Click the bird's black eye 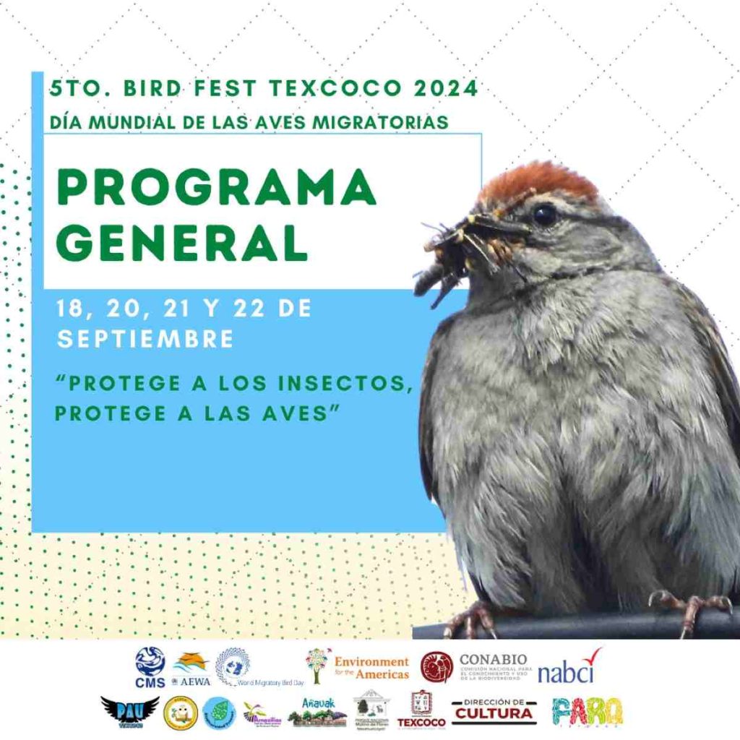[544, 215]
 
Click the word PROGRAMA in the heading [216, 190]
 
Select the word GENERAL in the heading [182, 244]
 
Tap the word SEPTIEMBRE [145, 339]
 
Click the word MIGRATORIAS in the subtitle [383, 122]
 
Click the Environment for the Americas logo [357, 666]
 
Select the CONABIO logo [474, 666]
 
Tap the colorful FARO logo [588, 712]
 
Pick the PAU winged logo [130, 712]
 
